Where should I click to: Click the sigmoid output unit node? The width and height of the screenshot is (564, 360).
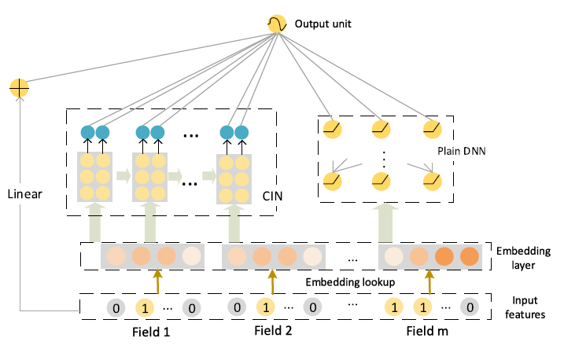click(x=277, y=24)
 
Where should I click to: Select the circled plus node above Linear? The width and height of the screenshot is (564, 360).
click(x=19, y=88)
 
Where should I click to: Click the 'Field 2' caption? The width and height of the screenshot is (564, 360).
click(x=273, y=330)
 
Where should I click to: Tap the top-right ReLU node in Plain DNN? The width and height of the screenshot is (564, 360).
click(x=432, y=127)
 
